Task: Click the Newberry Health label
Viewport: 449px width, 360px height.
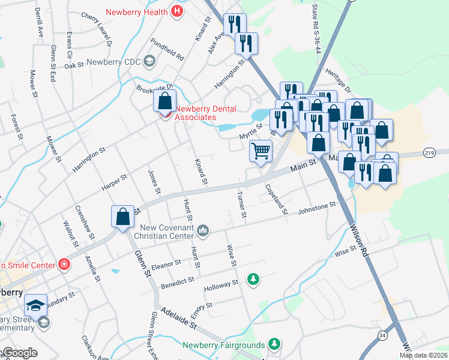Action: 137,12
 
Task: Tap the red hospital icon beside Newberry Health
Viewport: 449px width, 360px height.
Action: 177,11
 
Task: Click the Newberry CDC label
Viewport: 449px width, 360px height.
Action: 113,61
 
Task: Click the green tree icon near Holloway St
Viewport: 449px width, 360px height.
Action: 254,279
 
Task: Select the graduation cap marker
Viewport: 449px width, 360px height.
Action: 35,305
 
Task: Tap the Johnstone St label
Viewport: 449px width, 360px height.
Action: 317,208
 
